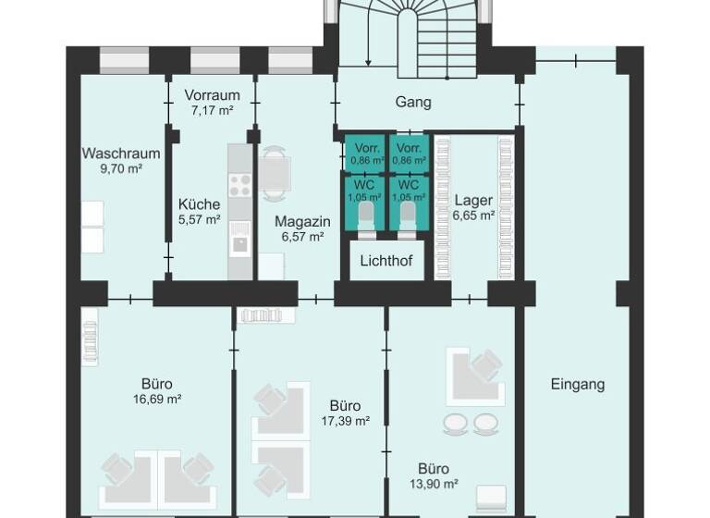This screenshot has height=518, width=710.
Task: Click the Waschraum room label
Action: click(121, 154)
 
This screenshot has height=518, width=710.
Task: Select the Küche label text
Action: click(199, 204)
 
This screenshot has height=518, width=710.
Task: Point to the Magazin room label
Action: click(302, 222)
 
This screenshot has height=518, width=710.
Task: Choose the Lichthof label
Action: click(386, 261)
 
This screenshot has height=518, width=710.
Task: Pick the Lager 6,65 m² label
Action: click(473, 206)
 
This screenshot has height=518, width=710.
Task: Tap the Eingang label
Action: click(577, 384)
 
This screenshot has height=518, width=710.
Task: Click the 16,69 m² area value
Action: click(157, 400)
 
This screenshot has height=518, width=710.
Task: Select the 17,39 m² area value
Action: click(345, 420)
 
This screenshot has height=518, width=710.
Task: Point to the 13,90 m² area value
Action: click(434, 483)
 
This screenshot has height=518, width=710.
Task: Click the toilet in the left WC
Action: click(366, 215)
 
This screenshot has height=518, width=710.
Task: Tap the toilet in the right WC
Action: click(409, 215)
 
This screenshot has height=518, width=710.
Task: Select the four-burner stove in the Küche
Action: click(239, 185)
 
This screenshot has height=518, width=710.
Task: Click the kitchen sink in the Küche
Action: click(239, 244)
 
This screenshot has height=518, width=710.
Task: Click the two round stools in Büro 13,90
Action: click(471, 424)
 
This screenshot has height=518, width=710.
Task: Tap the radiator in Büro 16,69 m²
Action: click(90, 338)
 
